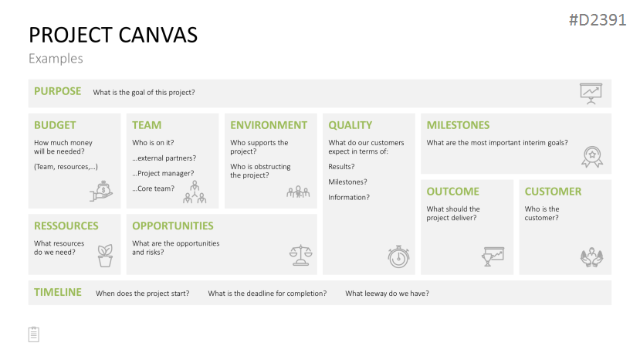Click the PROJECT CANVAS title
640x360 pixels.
point(113,35)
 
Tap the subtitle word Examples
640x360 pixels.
point(56,59)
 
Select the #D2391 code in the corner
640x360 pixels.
point(598,20)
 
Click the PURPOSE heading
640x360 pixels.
point(58,91)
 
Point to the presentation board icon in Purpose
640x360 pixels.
point(591,93)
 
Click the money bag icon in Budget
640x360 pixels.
point(101,191)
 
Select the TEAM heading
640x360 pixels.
point(147,125)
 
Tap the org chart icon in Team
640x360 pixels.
point(195,192)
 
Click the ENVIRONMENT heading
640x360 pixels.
point(269,125)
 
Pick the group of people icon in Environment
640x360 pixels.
point(298,192)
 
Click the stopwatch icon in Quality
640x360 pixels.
point(398,256)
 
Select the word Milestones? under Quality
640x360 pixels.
point(347,182)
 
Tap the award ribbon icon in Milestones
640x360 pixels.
point(592,157)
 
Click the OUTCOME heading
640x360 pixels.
point(452,192)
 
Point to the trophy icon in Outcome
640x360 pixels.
point(493,256)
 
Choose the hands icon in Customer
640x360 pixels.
point(591,257)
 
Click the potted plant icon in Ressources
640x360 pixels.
point(105,256)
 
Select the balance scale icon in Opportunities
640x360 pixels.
point(301,256)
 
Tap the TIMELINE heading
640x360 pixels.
point(58,293)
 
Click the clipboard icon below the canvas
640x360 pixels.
point(34,335)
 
